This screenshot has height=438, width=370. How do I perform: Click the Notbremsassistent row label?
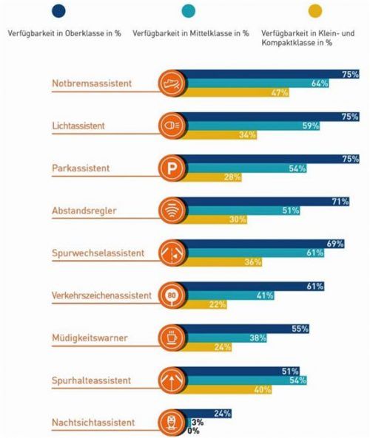(92, 83)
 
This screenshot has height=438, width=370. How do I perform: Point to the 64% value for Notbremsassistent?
(320, 83)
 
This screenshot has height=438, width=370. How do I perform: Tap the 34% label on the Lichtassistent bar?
(247, 135)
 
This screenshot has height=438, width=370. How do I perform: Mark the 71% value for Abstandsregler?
(339, 202)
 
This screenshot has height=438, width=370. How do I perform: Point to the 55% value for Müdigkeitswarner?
(299, 329)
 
